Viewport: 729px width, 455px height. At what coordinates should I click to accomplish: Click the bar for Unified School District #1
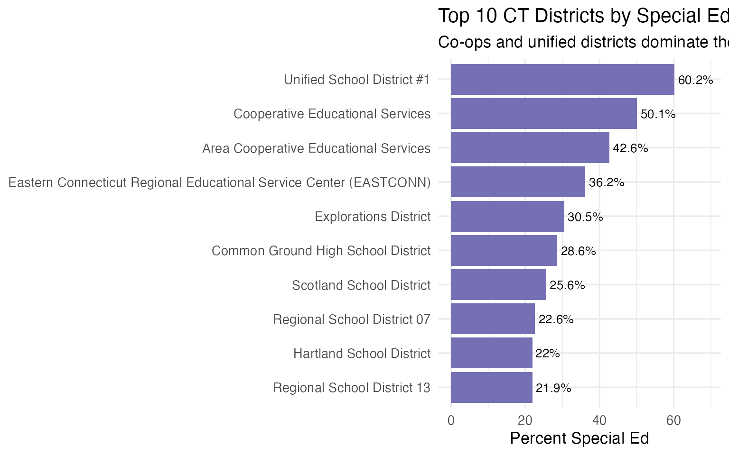tap(562, 79)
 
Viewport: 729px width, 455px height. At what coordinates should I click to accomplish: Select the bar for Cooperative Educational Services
tap(543, 114)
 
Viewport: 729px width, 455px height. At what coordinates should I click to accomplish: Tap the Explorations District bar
tap(507, 217)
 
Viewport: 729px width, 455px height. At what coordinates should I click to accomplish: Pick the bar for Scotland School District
tap(498, 285)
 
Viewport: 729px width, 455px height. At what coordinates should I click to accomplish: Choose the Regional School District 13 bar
tap(491, 388)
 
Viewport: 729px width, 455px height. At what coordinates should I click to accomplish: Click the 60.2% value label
tap(695, 80)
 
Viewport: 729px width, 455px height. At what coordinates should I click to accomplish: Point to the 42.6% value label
tap(630, 148)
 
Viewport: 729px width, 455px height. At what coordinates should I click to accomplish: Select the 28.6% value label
tap(578, 251)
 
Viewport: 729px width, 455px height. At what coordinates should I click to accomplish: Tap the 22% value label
tap(548, 354)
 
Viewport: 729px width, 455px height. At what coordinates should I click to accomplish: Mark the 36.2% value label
tap(607, 182)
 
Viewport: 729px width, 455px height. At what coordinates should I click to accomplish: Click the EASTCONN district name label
tap(219, 182)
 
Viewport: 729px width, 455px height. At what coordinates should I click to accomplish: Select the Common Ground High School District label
tap(321, 251)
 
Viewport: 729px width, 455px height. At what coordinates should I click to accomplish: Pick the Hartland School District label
tap(362, 354)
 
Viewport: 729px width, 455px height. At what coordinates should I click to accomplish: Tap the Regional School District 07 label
tap(351, 319)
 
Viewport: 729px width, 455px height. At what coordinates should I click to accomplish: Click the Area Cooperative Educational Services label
tap(316, 148)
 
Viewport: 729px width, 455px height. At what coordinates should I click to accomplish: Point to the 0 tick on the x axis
tap(451, 420)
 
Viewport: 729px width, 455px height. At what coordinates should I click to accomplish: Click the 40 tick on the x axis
tap(599, 420)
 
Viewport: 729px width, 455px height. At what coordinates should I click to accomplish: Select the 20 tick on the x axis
tap(525, 420)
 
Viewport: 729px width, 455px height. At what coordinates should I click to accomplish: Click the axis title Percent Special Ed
tap(579, 438)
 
